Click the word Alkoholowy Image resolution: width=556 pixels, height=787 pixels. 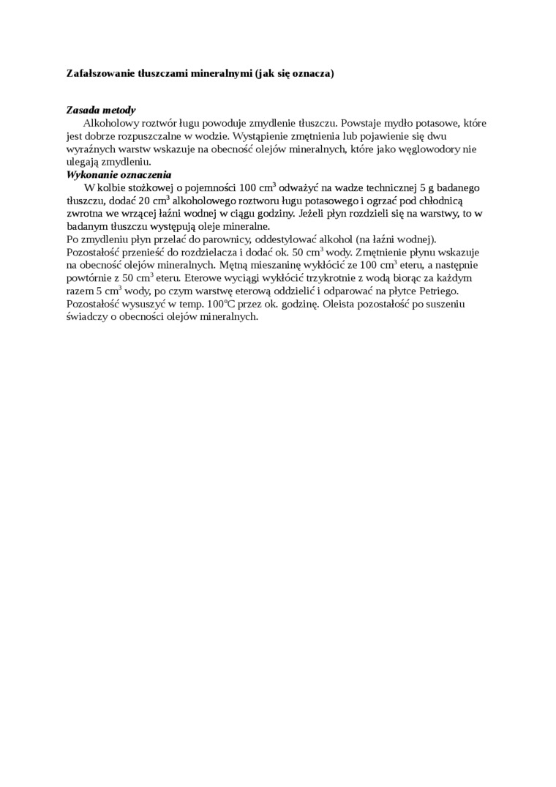pyautogui.click(x=110, y=123)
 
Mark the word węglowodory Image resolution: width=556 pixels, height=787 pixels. pyautogui.click(x=424, y=149)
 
